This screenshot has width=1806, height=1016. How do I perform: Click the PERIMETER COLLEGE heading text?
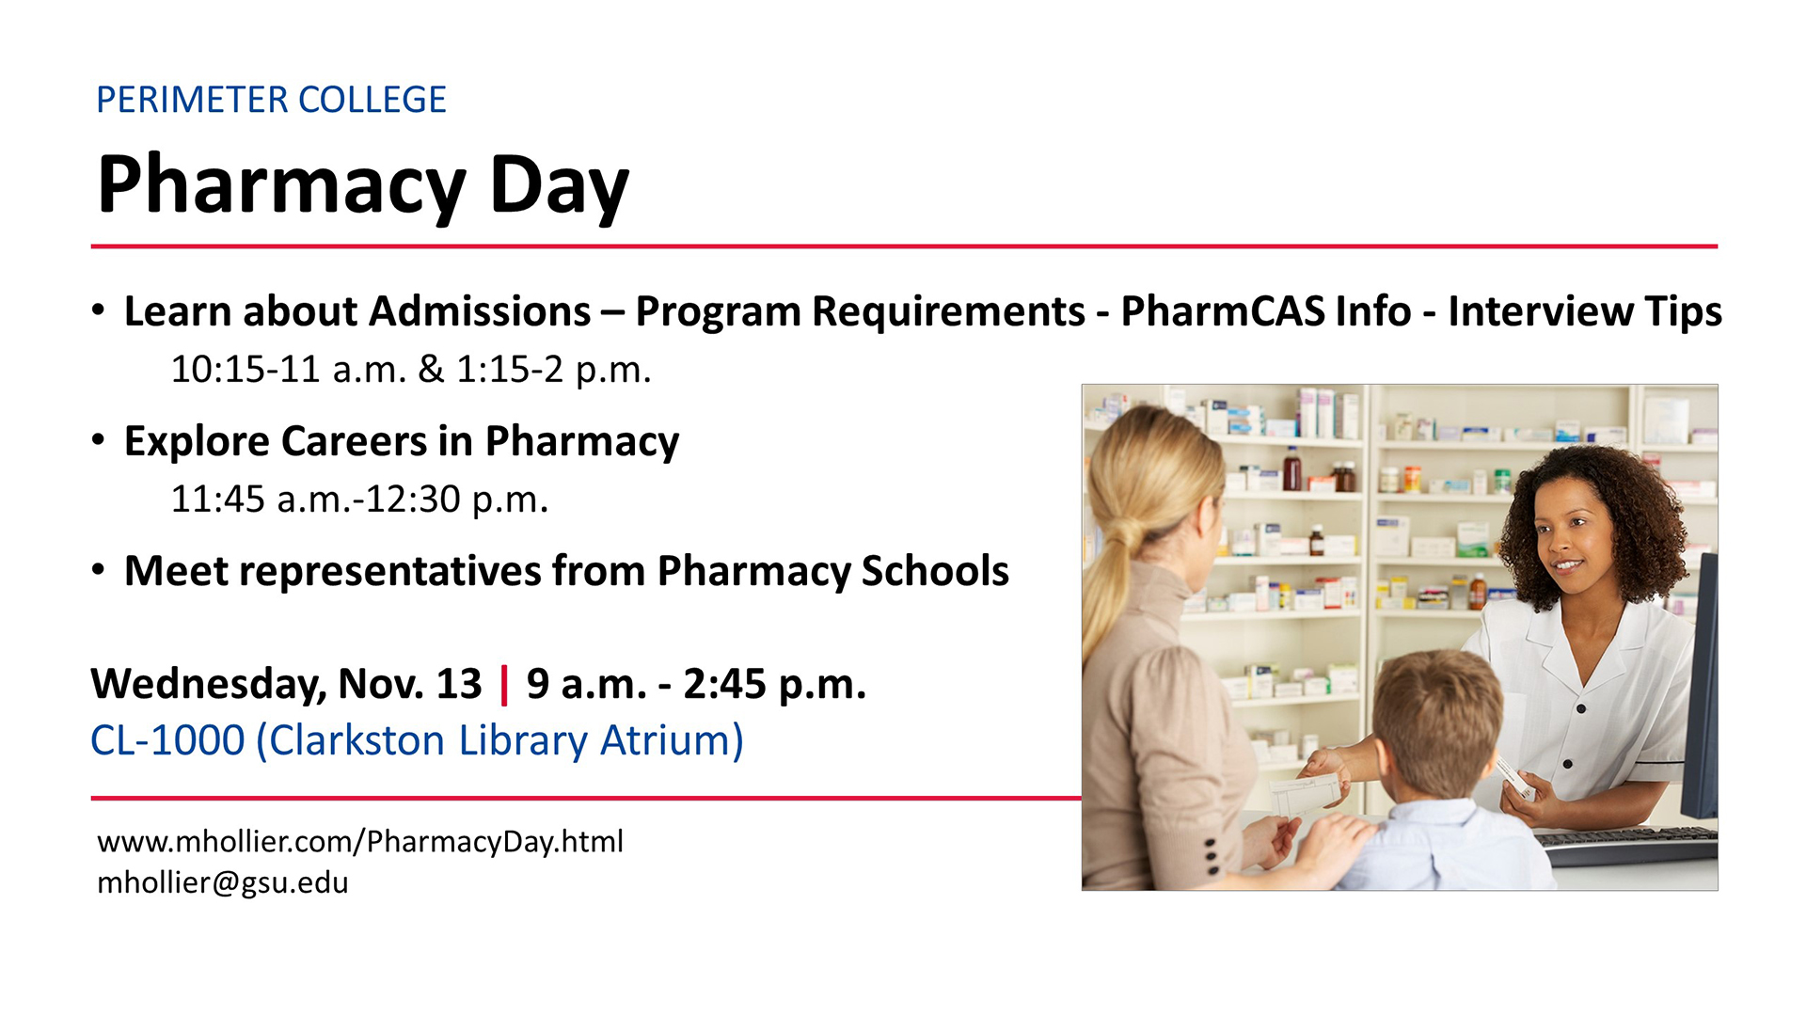[x=271, y=100]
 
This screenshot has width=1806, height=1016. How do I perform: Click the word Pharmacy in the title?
[x=281, y=186]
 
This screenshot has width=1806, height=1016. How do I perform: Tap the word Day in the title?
[x=559, y=186]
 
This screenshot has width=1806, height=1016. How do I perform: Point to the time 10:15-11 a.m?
[x=289, y=370]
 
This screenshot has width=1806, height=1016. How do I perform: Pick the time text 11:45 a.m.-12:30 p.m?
[x=359, y=500]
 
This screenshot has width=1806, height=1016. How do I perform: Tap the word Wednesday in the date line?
[x=208, y=685]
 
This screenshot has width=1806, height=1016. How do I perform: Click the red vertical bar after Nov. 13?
[x=505, y=684]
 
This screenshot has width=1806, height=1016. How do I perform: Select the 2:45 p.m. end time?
[x=774, y=685]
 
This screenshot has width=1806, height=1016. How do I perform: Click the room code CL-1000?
[x=167, y=740]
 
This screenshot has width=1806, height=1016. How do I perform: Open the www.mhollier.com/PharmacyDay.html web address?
[x=360, y=841]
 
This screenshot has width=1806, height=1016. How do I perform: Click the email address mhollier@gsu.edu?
[x=223, y=882]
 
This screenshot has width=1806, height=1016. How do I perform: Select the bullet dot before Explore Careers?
[x=99, y=440]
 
